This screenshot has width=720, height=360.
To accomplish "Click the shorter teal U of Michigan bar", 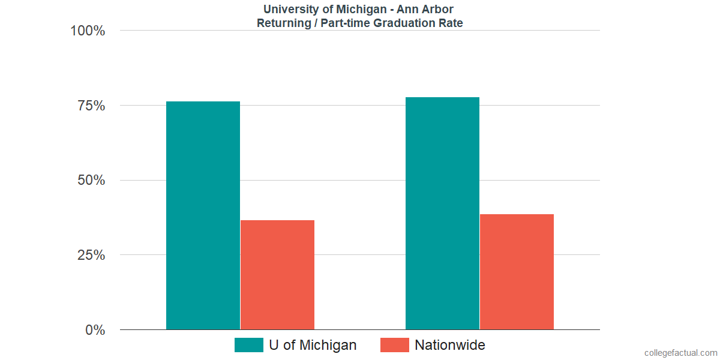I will point(203,215).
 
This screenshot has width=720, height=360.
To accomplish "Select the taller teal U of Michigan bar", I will point(442,213).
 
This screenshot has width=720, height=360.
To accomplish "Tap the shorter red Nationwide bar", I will point(277,275).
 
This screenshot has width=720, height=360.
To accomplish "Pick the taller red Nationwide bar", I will point(517,272).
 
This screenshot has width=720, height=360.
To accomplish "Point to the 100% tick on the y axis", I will point(88,31).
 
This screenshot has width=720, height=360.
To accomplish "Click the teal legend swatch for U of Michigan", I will point(248,345).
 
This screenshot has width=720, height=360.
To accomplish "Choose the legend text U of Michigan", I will point(313,345).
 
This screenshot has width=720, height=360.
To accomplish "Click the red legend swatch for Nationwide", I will point(395,345).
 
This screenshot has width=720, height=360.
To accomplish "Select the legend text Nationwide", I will point(450,345).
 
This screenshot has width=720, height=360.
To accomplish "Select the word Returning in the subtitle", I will point(282,23).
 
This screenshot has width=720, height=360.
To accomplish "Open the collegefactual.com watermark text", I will point(680,353).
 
